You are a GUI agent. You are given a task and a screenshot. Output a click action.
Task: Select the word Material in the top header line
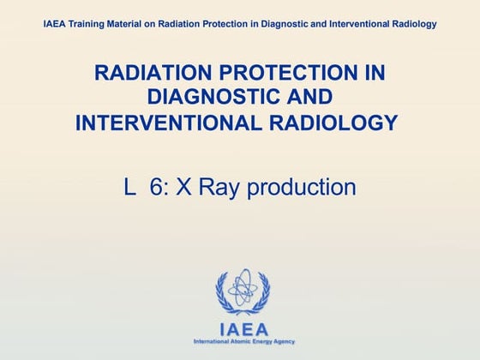click(x=132, y=24)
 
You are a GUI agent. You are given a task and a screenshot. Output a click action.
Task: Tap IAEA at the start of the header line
click(x=55, y=24)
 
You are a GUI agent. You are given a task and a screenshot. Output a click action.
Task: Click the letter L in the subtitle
click(x=130, y=187)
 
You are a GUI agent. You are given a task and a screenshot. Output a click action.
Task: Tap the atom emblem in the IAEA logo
click(x=243, y=291)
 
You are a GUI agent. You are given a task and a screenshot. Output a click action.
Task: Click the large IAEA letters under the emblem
click(x=243, y=328)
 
